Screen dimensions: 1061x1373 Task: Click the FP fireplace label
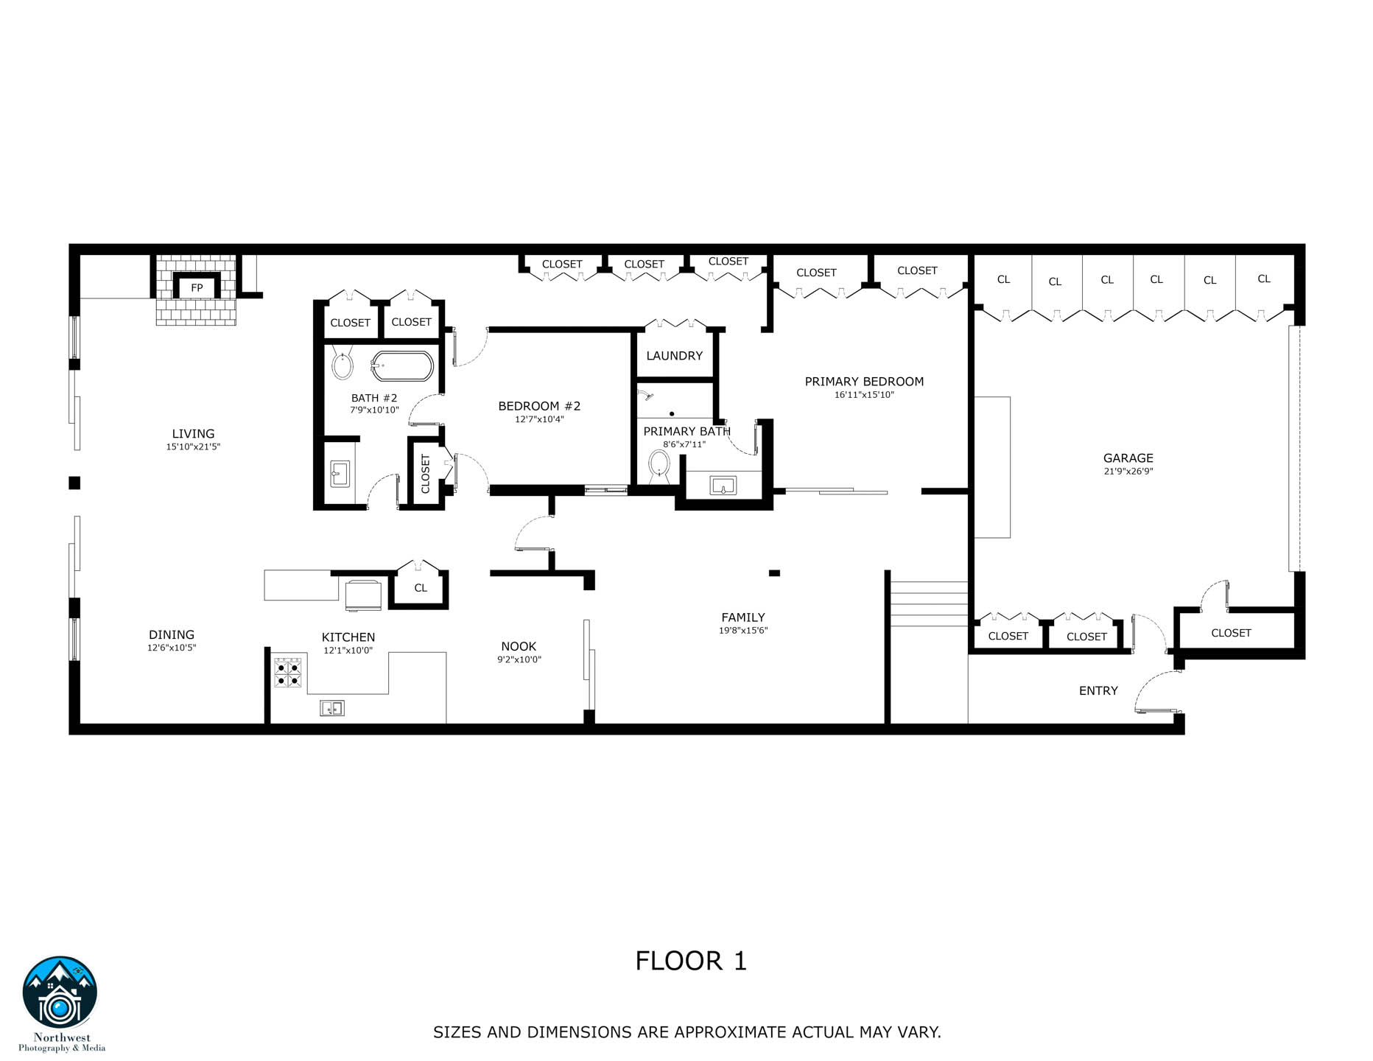(x=197, y=288)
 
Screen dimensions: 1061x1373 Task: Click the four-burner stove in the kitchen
(x=288, y=672)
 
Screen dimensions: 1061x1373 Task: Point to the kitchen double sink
(x=332, y=708)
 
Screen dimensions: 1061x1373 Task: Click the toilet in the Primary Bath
(x=659, y=466)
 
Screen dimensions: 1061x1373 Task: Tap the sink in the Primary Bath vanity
(x=723, y=486)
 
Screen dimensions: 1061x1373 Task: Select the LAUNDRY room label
(x=674, y=356)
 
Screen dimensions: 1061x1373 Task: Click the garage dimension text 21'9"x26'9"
(x=1128, y=472)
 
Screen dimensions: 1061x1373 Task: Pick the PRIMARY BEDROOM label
(x=864, y=382)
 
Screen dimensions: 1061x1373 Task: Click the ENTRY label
(x=1098, y=690)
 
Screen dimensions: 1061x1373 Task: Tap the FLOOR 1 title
(x=691, y=961)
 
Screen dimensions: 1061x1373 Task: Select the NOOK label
(x=519, y=646)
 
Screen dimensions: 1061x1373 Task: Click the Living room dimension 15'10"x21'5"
(x=193, y=447)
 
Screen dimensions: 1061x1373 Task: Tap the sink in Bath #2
(x=340, y=473)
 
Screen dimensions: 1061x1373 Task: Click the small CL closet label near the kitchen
(x=421, y=588)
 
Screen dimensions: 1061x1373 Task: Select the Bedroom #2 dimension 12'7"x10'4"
(x=539, y=419)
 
